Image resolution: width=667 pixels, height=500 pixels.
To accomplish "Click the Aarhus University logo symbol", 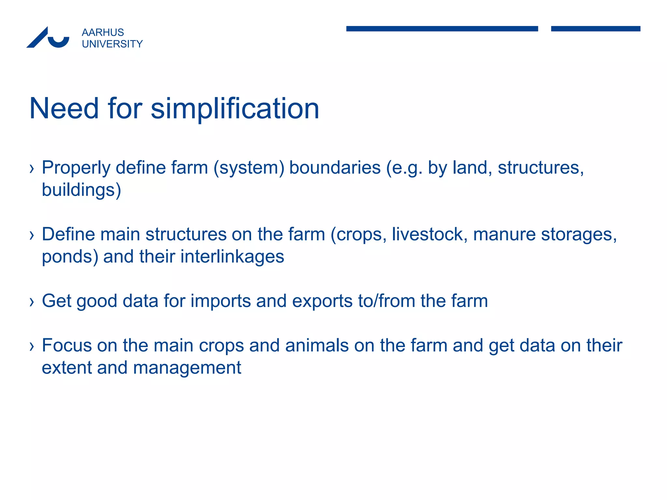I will (x=48, y=37).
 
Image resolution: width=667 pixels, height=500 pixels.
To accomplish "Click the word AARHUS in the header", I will (x=103, y=33).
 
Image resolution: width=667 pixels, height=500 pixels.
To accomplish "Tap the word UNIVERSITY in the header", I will (x=112, y=44).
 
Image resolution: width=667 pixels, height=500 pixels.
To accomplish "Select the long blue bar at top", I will (x=442, y=29).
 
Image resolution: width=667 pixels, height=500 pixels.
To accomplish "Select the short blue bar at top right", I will (x=595, y=29).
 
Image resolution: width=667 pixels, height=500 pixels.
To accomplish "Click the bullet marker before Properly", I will (x=32, y=169).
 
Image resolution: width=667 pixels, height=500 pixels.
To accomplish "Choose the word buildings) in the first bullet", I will (x=81, y=190).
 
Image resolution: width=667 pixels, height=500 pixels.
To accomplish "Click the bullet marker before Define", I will (x=32, y=235).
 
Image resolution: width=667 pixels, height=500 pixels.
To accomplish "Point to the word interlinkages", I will (x=232, y=257).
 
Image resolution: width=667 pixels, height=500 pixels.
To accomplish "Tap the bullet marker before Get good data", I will (x=32, y=302).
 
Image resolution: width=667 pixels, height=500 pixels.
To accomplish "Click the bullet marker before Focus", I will (x=32, y=346).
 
